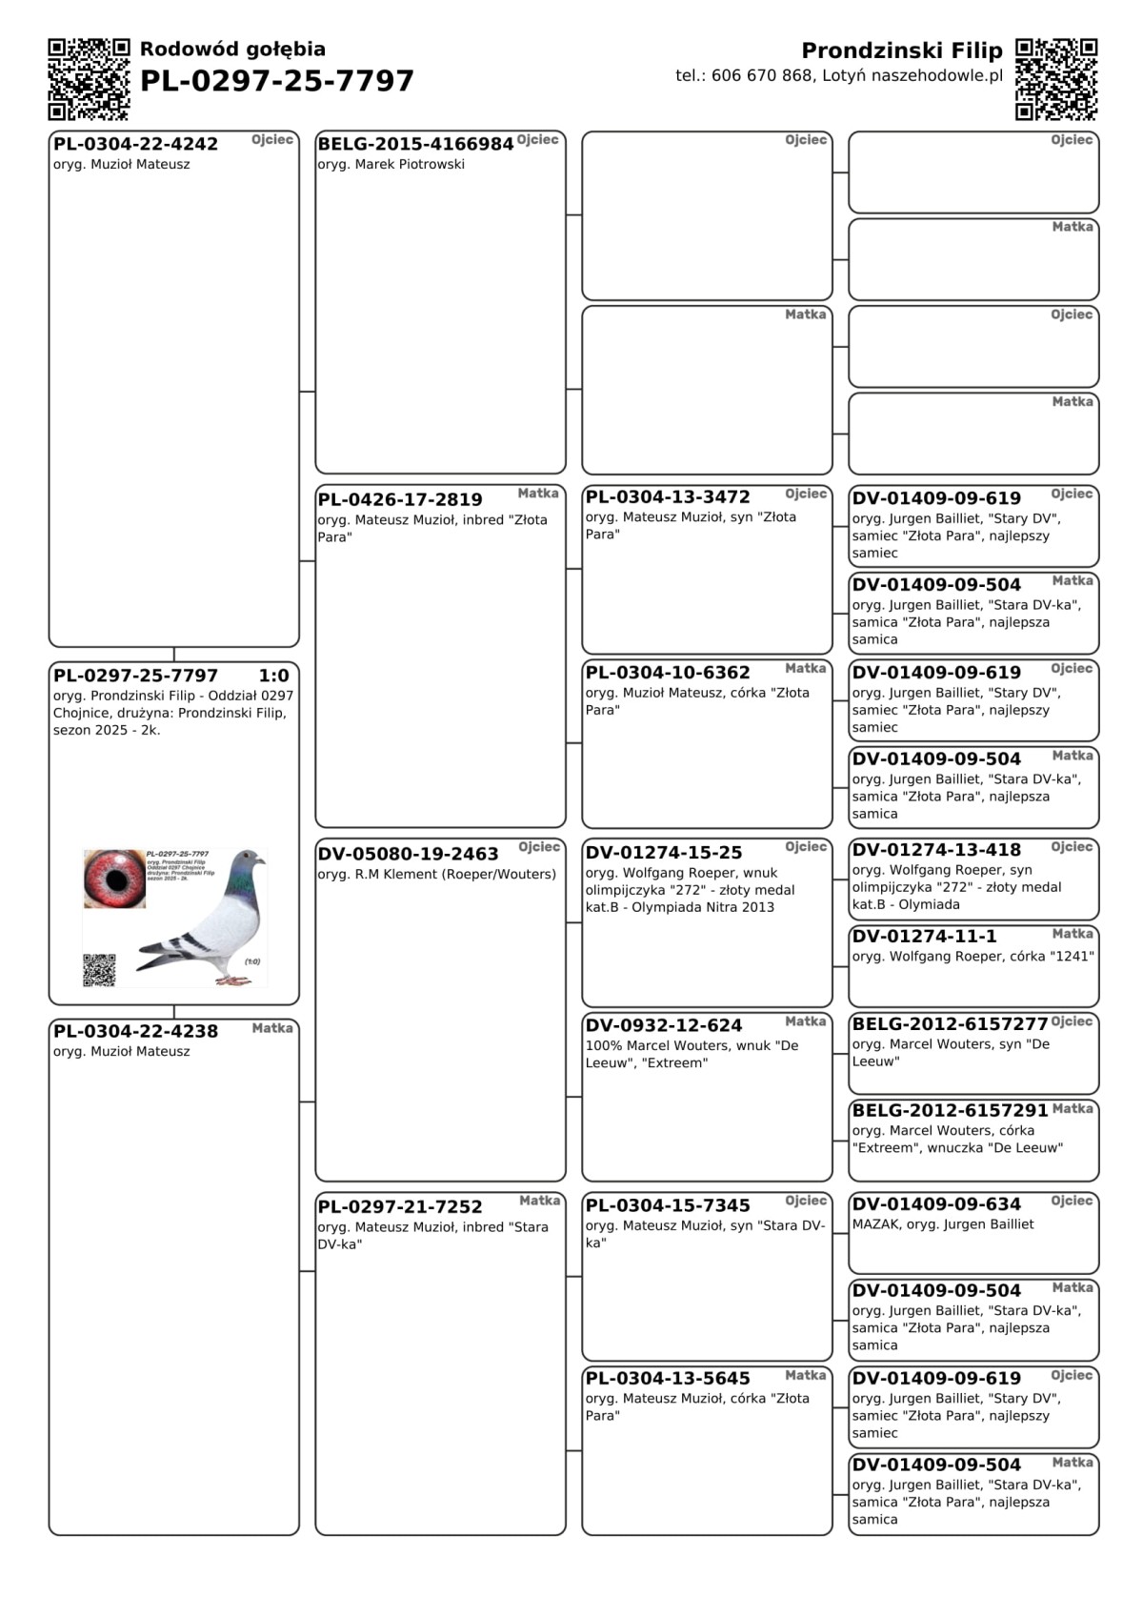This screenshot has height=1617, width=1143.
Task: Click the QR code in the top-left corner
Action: pyautogui.click(x=89, y=79)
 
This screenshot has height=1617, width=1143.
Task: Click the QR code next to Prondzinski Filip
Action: pyautogui.click(x=1056, y=79)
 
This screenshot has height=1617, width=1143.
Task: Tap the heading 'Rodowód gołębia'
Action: pyautogui.click(x=232, y=50)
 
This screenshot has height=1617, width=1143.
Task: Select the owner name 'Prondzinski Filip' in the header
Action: pyautogui.click(x=901, y=51)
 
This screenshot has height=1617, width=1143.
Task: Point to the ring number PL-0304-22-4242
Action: pyautogui.click(x=135, y=145)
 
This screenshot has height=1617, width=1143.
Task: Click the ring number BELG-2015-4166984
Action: pyautogui.click(x=415, y=145)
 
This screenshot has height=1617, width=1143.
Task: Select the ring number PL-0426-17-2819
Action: pyautogui.click(x=400, y=500)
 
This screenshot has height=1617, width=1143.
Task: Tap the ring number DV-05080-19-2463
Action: pyautogui.click(x=408, y=855)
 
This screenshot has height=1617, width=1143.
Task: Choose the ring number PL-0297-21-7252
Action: pyautogui.click(x=400, y=1207)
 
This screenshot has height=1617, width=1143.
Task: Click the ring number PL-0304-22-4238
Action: pyautogui.click(x=135, y=1032)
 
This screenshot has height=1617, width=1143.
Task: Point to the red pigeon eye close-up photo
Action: pyautogui.click(x=114, y=879)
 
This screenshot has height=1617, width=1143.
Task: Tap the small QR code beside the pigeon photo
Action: pyautogui.click(x=99, y=969)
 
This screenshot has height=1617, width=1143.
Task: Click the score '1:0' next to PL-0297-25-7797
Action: pyautogui.click(x=273, y=677)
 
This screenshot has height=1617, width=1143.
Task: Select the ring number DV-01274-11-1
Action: pyautogui.click(x=924, y=937)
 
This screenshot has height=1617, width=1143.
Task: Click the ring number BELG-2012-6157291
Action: pyautogui.click(x=950, y=1111)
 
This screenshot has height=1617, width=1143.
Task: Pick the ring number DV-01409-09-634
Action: pyautogui.click(x=936, y=1204)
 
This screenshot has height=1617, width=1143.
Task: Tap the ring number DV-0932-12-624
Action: pyautogui.click(x=663, y=1026)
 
